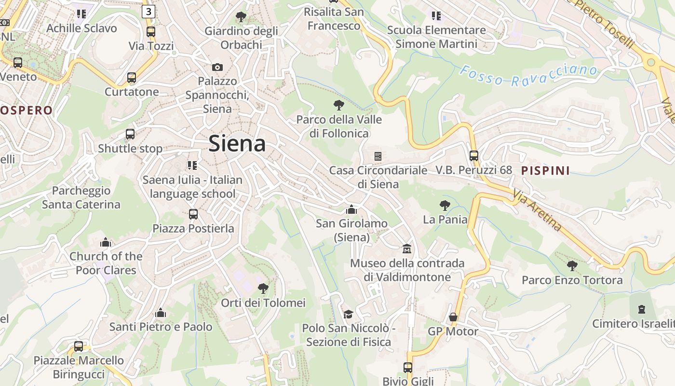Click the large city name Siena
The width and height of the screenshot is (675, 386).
click(x=237, y=144)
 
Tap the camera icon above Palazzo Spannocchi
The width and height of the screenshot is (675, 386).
click(x=217, y=67)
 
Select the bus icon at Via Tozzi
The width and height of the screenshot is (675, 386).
click(x=151, y=32)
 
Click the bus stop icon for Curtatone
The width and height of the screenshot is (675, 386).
click(x=132, y=77)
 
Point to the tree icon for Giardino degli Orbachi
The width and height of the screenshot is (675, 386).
click(x=241, y=17)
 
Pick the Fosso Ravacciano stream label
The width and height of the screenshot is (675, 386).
click(x=528, y=76)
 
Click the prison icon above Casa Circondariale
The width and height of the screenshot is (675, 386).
click(x=378, y=156)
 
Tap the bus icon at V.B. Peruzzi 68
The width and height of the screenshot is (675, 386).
click(x=474, y=156)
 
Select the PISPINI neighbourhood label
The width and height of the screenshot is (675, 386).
click(x=545, y=170)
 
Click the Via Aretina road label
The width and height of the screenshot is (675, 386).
click(x=537, y=210)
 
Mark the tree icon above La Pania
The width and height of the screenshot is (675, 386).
click(x=445, y=206)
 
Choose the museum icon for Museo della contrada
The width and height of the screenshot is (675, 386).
click(x=407, y=249)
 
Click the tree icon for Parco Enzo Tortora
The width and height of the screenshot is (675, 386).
click(x=572, y=265)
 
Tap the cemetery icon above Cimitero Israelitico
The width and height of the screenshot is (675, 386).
click(x=642, y=309)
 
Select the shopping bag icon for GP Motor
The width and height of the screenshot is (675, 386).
click(x=453, y=317)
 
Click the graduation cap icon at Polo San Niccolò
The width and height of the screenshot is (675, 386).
click(x=348, y=314)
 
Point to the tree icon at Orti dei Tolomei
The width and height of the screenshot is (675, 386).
click(x=263, y=289)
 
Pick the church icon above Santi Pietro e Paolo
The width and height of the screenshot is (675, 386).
click(x=161, y=313)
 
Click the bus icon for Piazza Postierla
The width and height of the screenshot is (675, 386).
click(x=193, y=214)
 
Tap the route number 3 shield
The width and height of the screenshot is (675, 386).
click(x=148, y=12)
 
